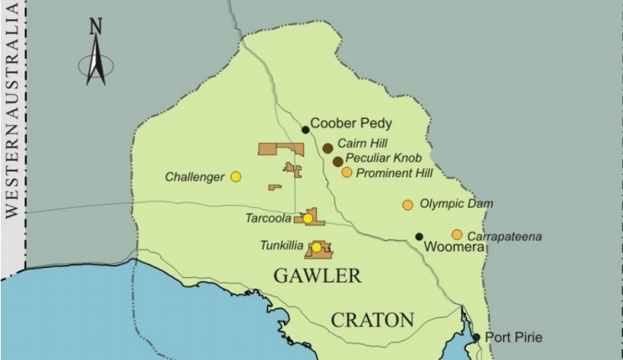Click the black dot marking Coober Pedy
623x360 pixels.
[x=305, y=129]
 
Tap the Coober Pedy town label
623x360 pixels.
[x=351, y=123]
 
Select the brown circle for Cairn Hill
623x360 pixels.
[x=328, y=148]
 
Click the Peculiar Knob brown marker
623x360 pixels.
[x=338, y=161]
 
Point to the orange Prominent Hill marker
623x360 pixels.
[x=347, y=172]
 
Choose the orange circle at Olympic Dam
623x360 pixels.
[x=407, y=205]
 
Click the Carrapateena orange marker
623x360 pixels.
[x=457, y=234]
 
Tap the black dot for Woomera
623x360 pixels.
[x=419, y=237]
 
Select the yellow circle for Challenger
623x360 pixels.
[x=236, y=177]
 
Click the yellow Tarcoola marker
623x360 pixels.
[x=308, y=218]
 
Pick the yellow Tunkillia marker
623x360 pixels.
[x=316, y=247]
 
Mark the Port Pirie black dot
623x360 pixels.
[x=476, y=337]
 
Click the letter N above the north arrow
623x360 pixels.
[x=96, y=28]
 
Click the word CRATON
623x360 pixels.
[x=372, y=319]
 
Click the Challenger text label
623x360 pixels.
[x=194, y=177]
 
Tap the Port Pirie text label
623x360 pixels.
[x=514, y=337]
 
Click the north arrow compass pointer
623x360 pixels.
[x=96, y=61]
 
